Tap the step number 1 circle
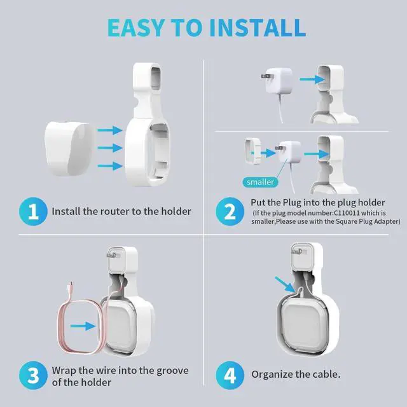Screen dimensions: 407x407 (x=33, y=211)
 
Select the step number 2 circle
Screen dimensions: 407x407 (x=230, y=211)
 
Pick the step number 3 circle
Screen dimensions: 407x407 (x=33, y=375)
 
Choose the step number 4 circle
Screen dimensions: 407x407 (x=230, y=375)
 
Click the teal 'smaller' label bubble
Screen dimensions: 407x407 (x=260, y=182)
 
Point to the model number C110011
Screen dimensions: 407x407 (x=347, y=213)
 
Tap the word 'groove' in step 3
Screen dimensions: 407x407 (x=172, y=371)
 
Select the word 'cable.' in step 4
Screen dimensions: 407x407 (x=326, y=375)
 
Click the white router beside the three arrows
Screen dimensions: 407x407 (x=69, y=149)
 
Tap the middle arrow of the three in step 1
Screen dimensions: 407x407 (x=110, y=148)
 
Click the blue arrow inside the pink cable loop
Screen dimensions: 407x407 (x=83, y=326)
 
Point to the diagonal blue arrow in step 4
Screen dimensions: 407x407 (x=285, y=284)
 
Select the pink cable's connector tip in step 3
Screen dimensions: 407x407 (x=71, y=285)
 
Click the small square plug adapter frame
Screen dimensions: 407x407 (x=253, y=151)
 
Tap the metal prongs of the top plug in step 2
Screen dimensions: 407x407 (x=265, y=76)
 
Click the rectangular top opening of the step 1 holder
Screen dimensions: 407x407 (x=156, y=79)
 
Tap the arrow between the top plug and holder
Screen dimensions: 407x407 (x=312, y=79)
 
